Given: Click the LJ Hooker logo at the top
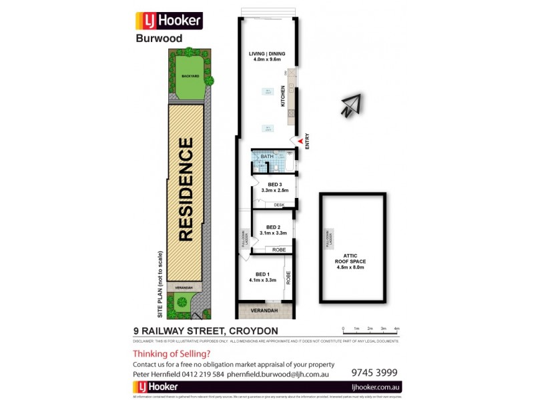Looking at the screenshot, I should (169, 21).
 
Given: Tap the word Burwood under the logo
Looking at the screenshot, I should (155, 39).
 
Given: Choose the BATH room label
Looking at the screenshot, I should (267, 157).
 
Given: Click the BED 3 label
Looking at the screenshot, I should (274, 185).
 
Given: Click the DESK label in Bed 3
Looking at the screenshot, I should (279, 205).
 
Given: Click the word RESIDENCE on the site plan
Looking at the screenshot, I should (186, 189).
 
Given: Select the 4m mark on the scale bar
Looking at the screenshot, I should (396, 329).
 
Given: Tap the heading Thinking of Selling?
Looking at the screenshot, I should (172, 354).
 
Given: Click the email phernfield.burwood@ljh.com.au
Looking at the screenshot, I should (277, 375).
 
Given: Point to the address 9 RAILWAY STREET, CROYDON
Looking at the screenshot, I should (206, 331).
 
